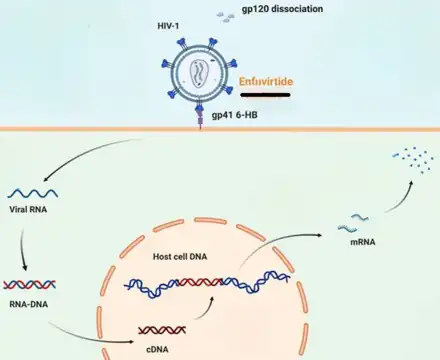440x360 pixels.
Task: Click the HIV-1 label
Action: (168, 26)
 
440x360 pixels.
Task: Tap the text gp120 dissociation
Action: (282, 9)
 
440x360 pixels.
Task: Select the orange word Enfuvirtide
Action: (266, 82)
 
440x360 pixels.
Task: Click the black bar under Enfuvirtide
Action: (265, 95)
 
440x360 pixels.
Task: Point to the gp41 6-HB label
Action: (235, 115)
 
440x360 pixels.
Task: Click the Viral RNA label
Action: (28, 210)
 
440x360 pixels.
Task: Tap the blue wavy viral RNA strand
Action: (33, 193)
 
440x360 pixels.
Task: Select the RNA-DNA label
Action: (29, 304)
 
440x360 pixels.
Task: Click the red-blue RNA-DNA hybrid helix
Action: (29, 285)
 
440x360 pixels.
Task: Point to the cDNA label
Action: (157, 350)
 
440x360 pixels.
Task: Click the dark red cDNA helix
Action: (162, 330)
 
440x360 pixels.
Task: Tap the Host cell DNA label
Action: (180, 257)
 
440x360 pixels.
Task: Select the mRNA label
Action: (363, 242)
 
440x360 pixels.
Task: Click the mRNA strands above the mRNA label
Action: (353, 223)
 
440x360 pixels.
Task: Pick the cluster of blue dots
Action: (413, 159)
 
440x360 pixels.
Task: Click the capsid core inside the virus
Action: (199, 74)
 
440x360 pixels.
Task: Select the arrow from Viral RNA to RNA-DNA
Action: (22, 249)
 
